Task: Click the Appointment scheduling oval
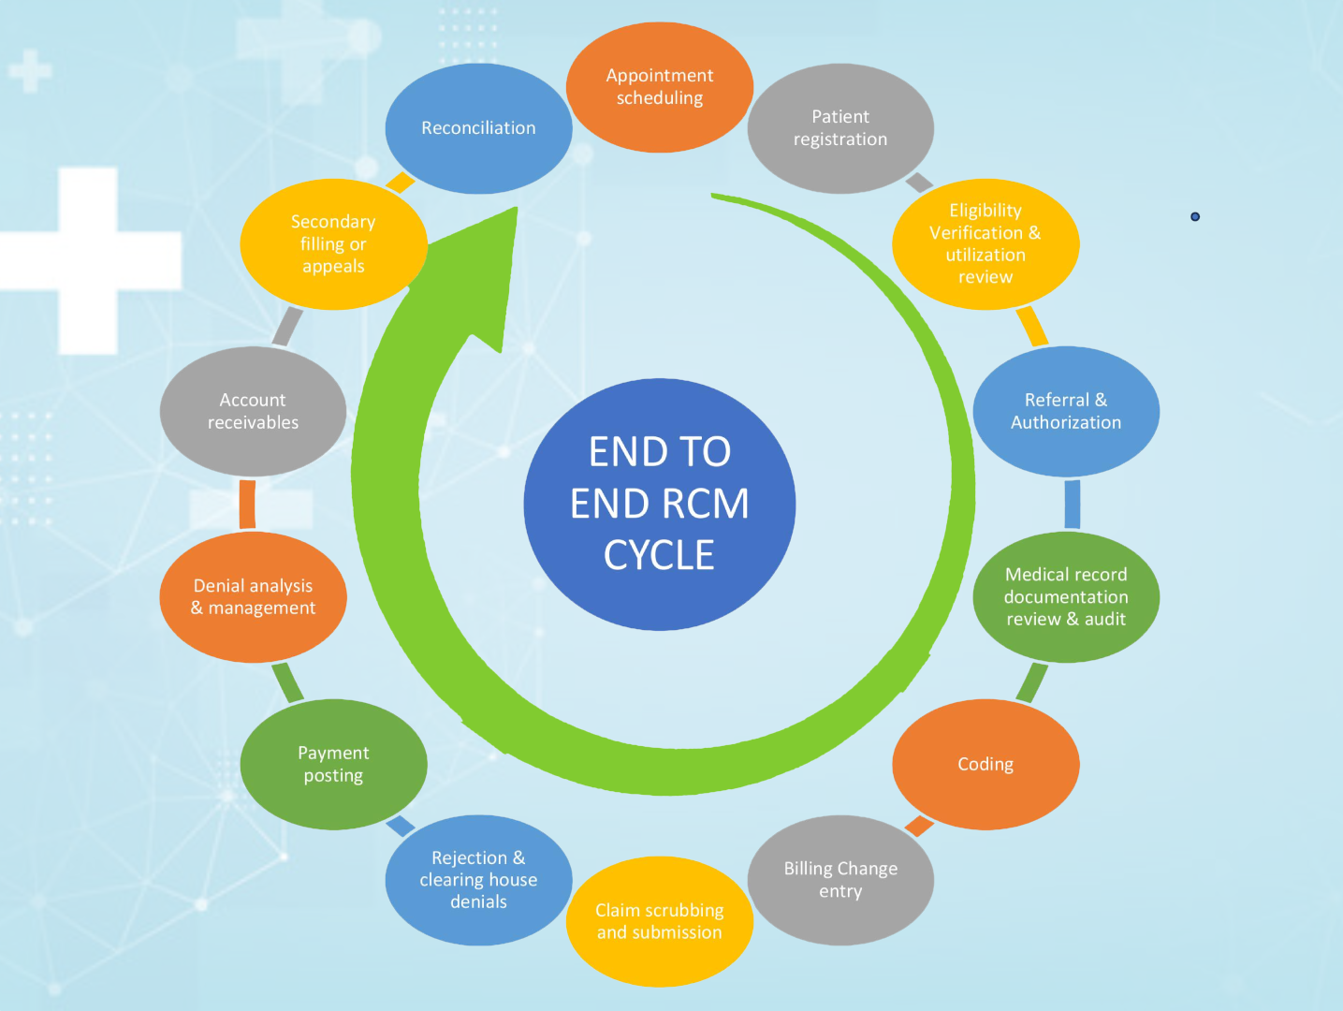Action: pos(660,87)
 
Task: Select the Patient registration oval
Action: pos(840,128)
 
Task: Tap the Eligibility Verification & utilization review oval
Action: pos(985,243)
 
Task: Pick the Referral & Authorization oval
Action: pos(1066,411)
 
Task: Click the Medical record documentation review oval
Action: pos(1066,597)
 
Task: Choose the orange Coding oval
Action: pos(985,764)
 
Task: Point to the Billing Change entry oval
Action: pos(840,880)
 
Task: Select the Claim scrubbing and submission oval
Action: pos(660,921)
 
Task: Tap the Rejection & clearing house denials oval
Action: pos(478,880)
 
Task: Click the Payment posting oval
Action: pos(333,764)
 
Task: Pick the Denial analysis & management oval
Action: pos(253,597)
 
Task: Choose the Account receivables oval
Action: pos(253,411)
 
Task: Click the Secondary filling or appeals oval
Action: pos(333,243)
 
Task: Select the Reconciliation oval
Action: pos(478,128)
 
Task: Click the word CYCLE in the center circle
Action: pos(659,555)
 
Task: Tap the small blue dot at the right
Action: pos(1195,216)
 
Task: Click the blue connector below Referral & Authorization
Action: pos(1073,504)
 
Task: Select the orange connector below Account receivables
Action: pos(247,504)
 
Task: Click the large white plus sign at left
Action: pos(89,260)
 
